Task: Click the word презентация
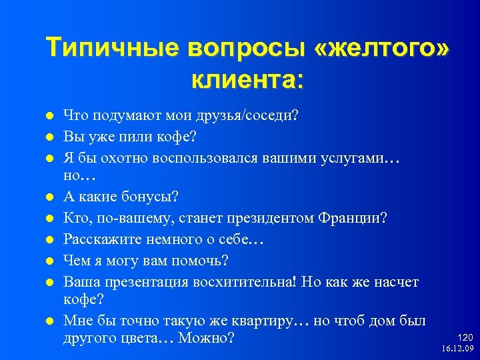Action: click(147, 282)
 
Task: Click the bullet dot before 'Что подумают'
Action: click(49, 116)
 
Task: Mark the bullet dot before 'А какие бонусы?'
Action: click(49, 197)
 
